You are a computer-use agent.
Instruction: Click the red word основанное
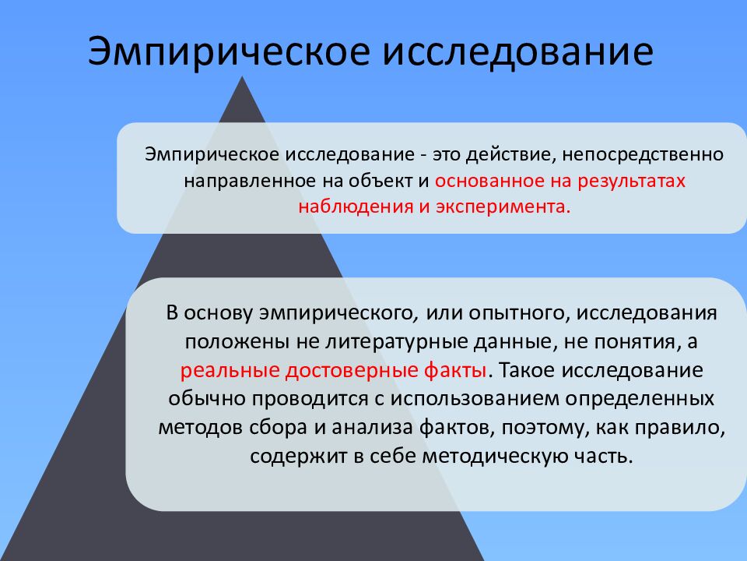[x=488, y=181]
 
